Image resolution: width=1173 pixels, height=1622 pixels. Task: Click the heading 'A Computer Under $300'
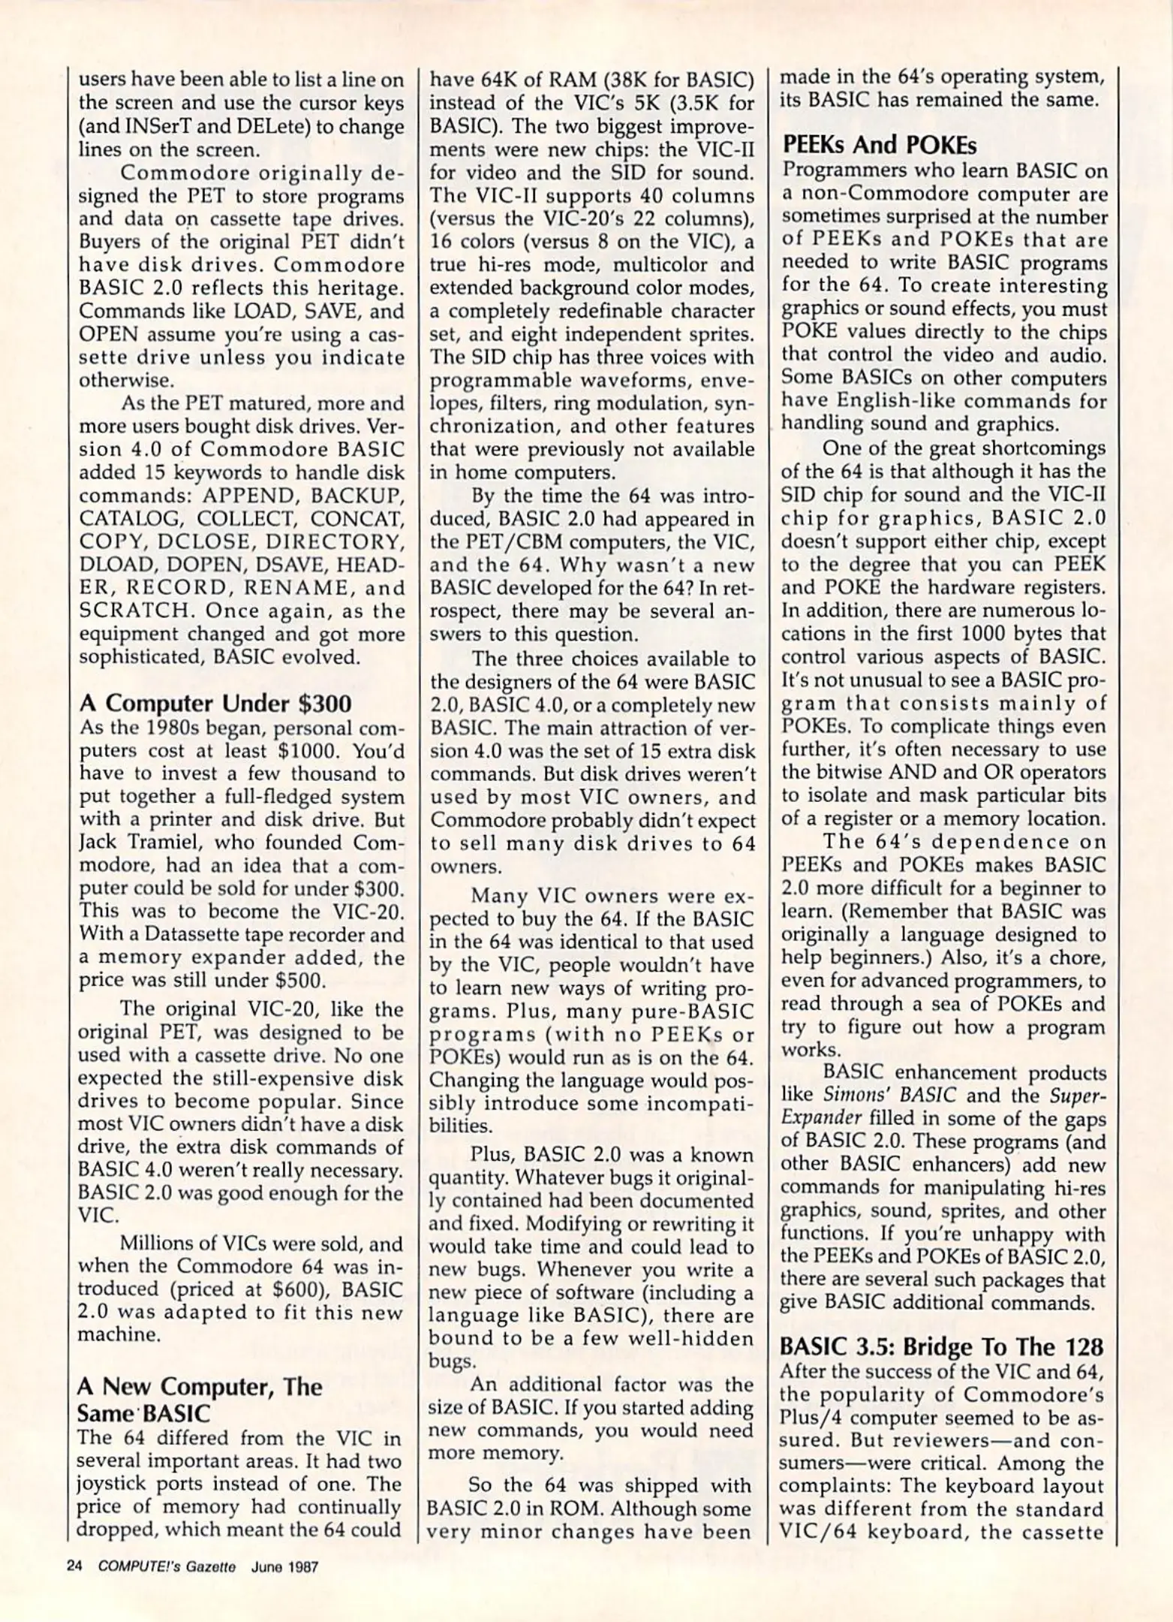215,704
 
